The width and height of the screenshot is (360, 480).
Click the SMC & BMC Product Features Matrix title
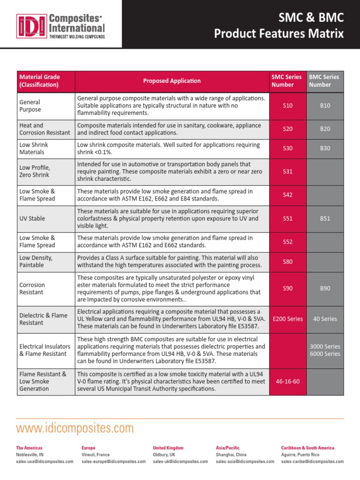click(x=278, y=26)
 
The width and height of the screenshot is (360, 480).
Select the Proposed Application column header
click(x=172, y=81)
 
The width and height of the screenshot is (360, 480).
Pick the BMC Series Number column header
click(x=324, y=81)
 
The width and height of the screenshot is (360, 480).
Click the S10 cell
click(x=288, y=106)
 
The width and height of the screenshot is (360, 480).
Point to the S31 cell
click(x=288, y=172)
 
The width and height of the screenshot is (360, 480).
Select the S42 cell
click(x=288, y=195)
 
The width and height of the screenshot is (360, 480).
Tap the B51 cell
click(x=325, y=218)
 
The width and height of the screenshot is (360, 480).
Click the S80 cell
click(x=288, y=262)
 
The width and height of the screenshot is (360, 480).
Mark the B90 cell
click(x=325, y=288)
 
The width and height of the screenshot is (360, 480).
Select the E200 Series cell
click(x=288, y=319)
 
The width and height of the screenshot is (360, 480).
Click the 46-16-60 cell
click(x=288, y=381)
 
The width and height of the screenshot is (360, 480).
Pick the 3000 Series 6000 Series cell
click(x=325, y=350)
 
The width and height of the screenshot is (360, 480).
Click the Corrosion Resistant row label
click(x=32, y=288)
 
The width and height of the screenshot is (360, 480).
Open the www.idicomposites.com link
click(x=75, y=428)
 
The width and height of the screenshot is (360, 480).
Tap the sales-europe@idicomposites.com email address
click(x=113, y=462)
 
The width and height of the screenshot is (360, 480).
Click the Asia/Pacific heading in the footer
click(x=227, y=448)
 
